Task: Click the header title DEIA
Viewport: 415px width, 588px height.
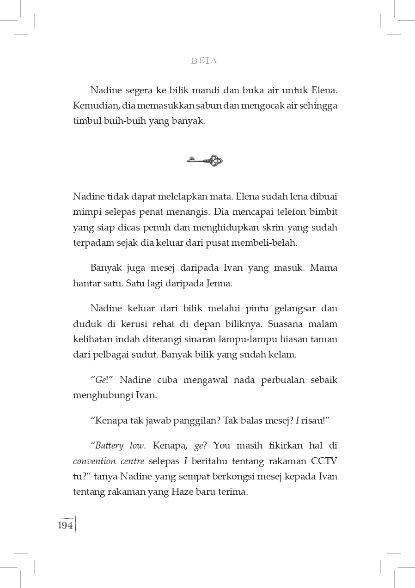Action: pos(204,61)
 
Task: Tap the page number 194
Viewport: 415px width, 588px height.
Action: pos(66,525)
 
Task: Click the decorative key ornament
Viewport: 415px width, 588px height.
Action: pos(205,160)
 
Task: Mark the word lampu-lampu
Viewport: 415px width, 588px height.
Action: pos(253,339)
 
